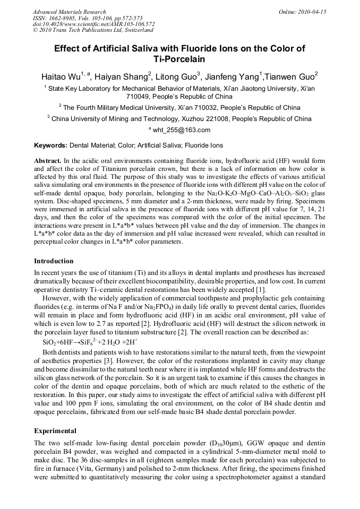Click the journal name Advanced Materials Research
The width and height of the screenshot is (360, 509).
point(69,12)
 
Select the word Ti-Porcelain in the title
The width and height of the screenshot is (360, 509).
point(179,59)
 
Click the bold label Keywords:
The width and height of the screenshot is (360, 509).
point(51,145)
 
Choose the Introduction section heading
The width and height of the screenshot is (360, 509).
point(54,261)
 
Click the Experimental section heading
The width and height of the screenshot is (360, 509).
point(55,431)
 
